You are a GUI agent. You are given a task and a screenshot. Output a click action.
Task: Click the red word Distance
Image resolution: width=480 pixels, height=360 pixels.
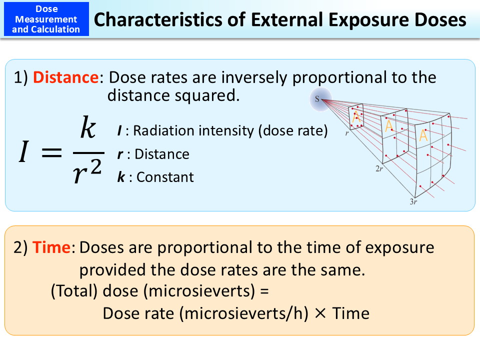65,77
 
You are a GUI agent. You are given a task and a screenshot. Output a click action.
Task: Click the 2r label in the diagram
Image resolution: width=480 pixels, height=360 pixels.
379,169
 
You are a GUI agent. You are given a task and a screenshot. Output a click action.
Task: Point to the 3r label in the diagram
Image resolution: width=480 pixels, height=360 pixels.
414,201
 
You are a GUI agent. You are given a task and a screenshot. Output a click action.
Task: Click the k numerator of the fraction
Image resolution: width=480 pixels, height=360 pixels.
87,128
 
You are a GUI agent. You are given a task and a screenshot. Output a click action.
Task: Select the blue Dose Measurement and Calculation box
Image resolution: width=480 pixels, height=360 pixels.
46,19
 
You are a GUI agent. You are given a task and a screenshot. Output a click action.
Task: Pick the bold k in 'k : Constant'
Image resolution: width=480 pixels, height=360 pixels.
121,177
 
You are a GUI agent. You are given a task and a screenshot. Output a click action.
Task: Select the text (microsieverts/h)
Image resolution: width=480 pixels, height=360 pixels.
243,313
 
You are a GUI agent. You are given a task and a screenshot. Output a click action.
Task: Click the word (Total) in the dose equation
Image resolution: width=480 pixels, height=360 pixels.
74,291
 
